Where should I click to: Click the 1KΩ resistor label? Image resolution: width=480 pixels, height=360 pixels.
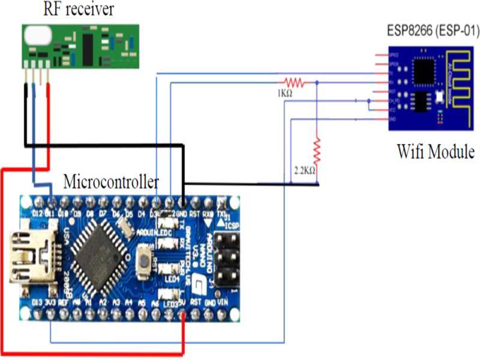click(285, 94)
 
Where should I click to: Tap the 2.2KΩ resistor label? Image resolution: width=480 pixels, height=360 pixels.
click(305, 170)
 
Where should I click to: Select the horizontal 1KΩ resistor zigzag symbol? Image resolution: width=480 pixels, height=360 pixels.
click(293, 82)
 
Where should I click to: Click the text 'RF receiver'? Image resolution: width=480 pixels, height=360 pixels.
click(78, 10)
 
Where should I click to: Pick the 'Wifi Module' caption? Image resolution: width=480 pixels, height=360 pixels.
click(436, 151)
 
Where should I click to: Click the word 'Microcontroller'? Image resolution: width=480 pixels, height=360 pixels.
click(112, 181)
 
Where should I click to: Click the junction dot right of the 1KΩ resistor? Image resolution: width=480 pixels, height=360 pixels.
click(317, 82)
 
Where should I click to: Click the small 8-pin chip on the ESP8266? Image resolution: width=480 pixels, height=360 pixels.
click(422, 103)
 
